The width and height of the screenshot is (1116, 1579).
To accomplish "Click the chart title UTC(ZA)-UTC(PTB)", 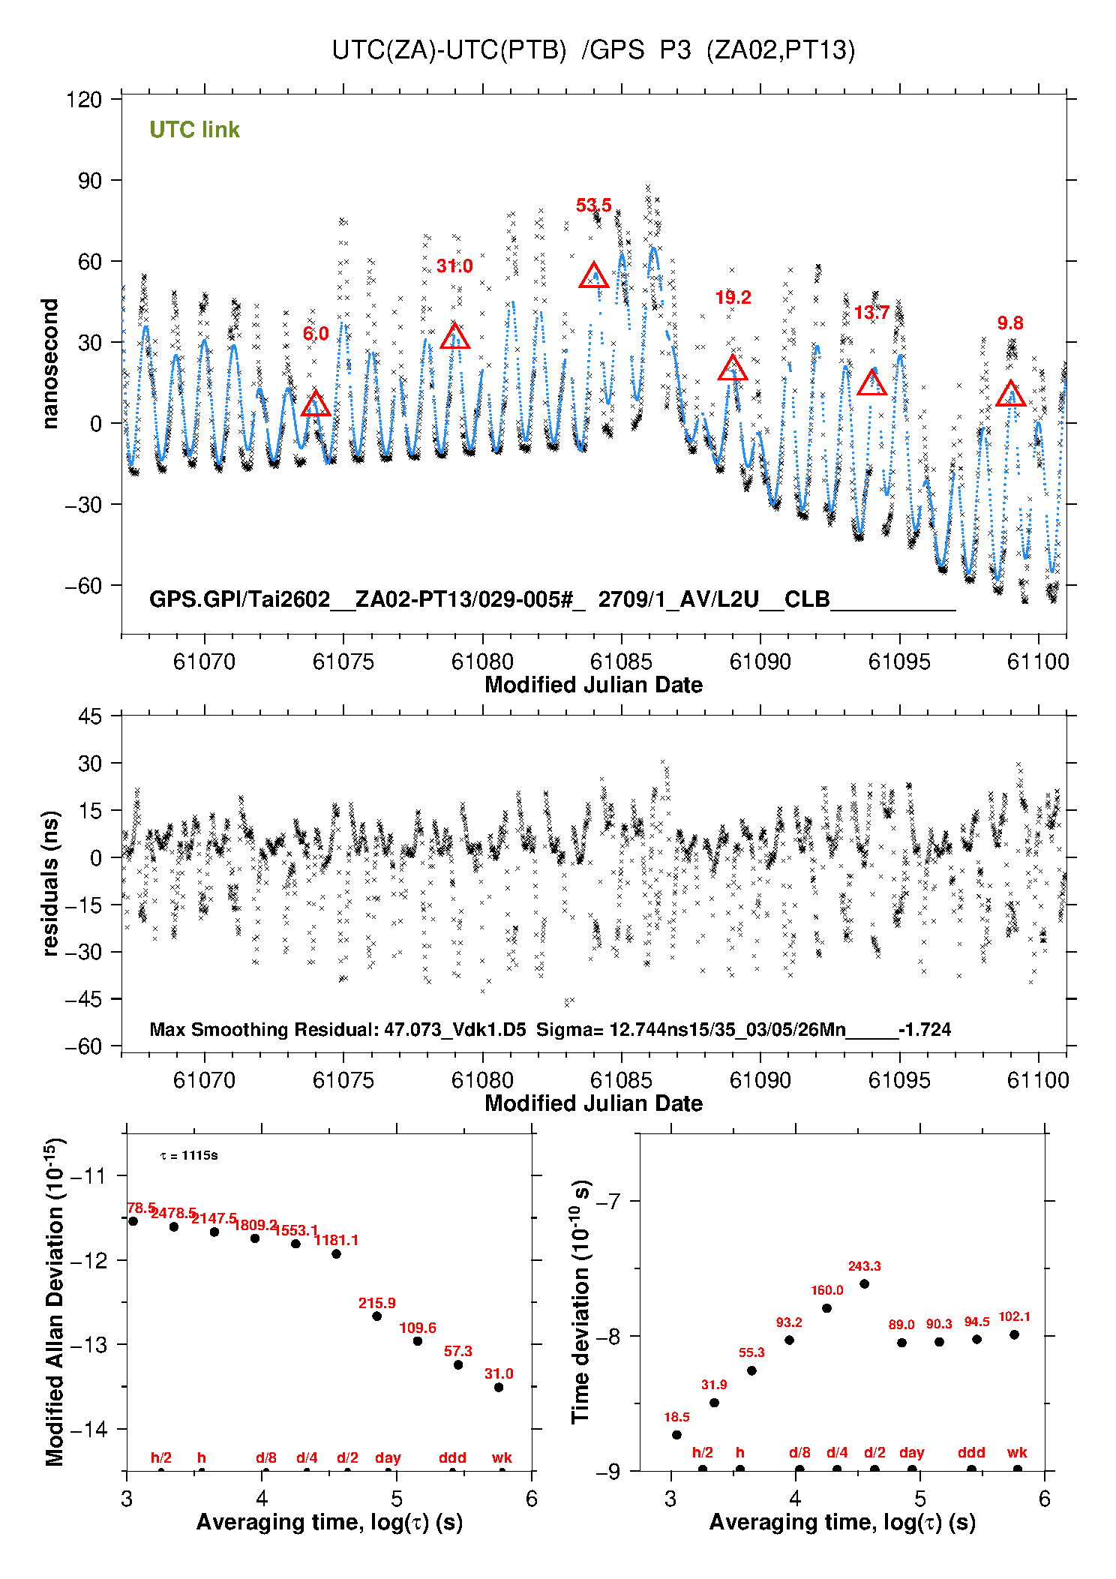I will click(449, 50).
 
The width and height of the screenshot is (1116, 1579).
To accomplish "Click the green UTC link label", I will click(194, 130).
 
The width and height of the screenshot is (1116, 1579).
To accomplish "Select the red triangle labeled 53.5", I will click(594, 276).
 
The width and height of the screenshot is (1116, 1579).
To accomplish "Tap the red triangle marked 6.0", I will click(316, 404).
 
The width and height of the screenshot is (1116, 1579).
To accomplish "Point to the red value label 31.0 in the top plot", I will click(454, 266).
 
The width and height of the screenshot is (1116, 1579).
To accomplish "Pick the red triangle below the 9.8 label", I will click(1010, 394).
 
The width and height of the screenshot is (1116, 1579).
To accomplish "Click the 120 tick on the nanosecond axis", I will click(84, 100).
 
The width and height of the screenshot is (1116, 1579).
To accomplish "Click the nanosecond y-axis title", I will click(50, 364).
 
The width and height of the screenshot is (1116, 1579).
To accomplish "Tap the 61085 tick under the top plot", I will click(621, 662).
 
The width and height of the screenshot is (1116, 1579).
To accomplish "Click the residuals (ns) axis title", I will click(50, 883).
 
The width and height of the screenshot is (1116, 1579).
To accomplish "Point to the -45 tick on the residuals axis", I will click(83, 999).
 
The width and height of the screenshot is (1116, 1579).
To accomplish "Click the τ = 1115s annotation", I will click(189, 1155).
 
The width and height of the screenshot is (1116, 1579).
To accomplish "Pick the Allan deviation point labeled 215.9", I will click(377, 1316).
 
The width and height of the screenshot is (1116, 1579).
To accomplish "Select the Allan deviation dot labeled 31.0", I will click(499, 1387).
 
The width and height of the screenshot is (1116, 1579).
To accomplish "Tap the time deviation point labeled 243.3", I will click(864, 1283).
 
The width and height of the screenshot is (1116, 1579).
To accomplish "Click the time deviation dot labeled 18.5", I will click(676, 1434).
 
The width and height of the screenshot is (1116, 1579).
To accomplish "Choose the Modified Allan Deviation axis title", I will click(55, 1301).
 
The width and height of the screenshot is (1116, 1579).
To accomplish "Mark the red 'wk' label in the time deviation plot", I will click(1017, 1452).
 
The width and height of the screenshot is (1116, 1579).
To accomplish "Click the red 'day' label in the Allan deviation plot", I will click(388, 1457).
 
